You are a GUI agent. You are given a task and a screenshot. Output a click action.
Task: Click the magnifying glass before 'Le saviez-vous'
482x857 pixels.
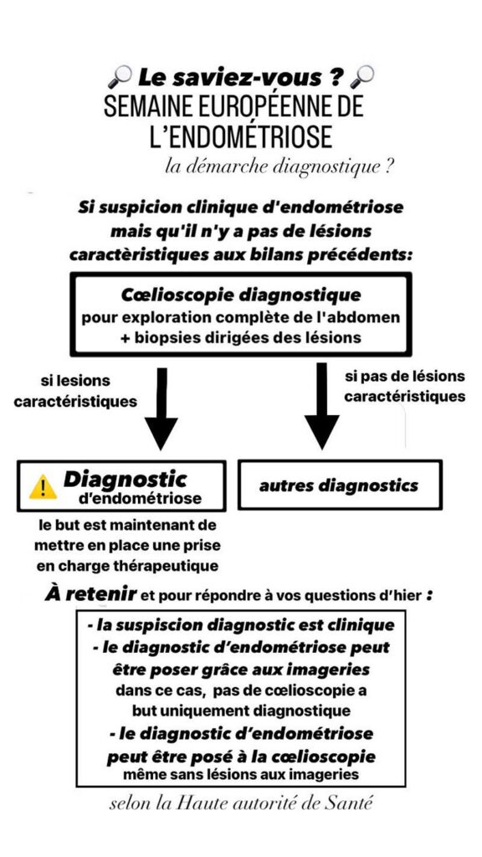120,76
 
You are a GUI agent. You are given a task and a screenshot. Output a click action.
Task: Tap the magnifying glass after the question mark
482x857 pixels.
361,76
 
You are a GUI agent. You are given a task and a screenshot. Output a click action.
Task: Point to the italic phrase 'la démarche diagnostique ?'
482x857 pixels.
279,167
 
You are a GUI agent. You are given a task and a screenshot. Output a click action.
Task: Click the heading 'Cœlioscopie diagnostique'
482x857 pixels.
240,295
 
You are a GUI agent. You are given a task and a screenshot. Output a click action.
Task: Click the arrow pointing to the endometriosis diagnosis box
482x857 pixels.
161,408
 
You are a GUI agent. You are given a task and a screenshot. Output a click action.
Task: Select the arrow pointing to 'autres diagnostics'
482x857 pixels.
322,406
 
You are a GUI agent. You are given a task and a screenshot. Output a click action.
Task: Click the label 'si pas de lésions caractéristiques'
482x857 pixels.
405,386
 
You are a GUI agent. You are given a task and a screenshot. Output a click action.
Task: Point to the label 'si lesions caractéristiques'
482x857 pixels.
75,391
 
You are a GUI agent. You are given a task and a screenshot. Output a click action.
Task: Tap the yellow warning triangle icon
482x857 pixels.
43,487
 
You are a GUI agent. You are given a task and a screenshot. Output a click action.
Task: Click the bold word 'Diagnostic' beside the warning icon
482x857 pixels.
126,480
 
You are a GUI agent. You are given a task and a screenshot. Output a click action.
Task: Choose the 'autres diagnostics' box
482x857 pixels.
340,485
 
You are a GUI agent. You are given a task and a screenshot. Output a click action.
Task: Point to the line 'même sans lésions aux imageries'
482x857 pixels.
241,774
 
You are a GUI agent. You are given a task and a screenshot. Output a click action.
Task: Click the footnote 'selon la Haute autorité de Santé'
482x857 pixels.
241,804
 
